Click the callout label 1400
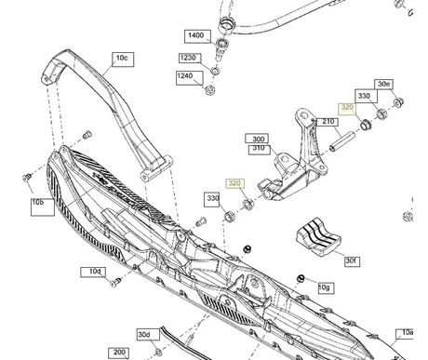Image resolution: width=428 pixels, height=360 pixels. point(194,35)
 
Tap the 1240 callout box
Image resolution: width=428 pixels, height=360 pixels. point(186,75)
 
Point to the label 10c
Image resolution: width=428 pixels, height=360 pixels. point(123,58)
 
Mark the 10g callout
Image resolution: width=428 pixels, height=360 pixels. point(324,287)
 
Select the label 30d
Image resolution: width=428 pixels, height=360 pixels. point(142,334)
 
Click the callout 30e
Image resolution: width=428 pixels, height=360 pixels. point(384,84)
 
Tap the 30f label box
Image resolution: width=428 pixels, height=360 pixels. point(351,261)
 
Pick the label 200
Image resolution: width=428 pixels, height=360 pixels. point(118,353)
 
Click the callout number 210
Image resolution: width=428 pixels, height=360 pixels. point(327,122)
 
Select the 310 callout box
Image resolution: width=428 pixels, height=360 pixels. point(258,149)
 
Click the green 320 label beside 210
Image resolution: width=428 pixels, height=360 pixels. point(348,108)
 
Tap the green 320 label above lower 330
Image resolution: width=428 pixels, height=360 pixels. point(234,183)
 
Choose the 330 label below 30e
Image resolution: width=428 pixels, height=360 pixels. point(365,96)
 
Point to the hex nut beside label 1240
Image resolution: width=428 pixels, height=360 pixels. point(209,90)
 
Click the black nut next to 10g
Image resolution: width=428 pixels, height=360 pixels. point(301,278)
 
